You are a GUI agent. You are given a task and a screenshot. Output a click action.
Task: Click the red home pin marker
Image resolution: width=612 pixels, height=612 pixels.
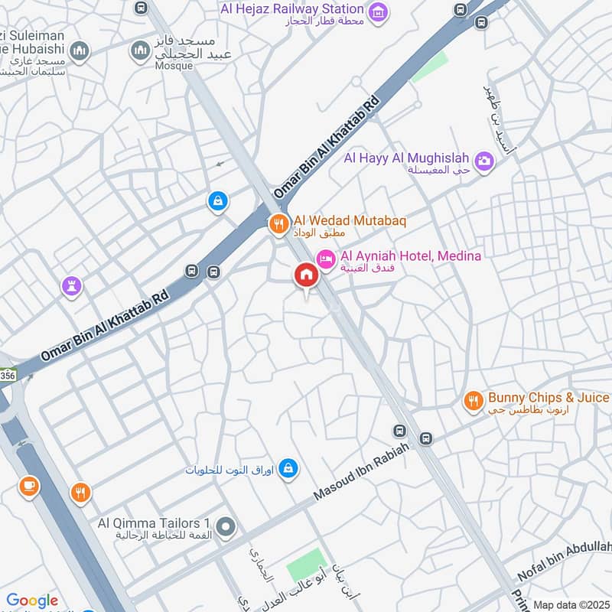(x=306, y=275)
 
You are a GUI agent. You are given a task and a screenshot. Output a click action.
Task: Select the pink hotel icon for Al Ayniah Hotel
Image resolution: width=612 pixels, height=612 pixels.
(x=326, y=260)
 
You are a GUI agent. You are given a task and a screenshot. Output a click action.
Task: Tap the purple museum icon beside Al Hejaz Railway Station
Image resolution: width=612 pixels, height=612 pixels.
(x=377, y=11)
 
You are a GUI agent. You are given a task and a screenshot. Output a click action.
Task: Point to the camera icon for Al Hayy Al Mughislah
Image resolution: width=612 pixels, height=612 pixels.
(x=483, y=161)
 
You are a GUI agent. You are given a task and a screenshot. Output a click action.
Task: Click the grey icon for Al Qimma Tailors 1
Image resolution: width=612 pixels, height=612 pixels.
(x=226, y=526)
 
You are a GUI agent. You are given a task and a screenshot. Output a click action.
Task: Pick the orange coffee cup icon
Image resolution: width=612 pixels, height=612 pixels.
(x=29, y=486)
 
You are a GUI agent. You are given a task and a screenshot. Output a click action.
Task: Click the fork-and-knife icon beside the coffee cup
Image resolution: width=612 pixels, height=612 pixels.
(x=80, y=493)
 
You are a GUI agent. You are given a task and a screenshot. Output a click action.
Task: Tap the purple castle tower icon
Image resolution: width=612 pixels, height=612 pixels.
(x=72, y=288)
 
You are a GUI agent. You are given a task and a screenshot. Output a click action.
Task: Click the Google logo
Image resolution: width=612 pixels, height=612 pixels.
(x=32, y=601)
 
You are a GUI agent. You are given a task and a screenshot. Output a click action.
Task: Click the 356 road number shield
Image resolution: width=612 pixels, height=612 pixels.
(x=6, y=376)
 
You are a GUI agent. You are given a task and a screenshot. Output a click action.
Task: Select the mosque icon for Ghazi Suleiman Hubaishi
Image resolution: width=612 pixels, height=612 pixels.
(x=80, y=51)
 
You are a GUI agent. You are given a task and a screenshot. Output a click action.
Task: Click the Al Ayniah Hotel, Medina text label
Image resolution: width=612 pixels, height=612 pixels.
(x=410, y=256)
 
